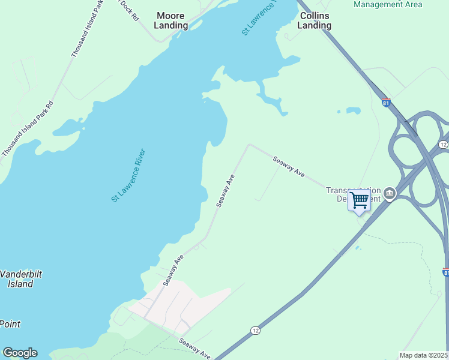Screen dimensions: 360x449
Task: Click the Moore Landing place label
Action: tap(171, 20)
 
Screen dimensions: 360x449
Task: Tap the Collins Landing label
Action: tap(315, 20)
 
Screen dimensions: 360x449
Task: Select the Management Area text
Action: tap(388, 5)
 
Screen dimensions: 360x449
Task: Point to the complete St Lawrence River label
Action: tap(128, 175)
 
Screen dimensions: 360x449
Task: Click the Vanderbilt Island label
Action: tap(20, 279)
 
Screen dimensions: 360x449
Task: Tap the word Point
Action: tap(10, 324)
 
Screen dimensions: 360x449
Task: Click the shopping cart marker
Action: tap(359, 199)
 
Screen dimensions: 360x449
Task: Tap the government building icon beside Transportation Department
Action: tap(390, 193)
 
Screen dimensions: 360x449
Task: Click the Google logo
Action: tap(20, 353)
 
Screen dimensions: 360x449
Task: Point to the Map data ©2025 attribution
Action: tap(424, 355)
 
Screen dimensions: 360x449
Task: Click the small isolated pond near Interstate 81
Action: tap(349, 111)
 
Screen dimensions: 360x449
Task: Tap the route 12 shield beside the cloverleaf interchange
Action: tap(443, 145)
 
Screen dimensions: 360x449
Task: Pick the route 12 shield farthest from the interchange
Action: tap(255, 331)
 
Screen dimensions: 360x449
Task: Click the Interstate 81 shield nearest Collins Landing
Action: tap(385, 103)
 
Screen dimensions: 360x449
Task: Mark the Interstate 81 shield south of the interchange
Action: tap(445, 272)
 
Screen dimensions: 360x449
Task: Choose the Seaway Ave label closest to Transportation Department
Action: tap(289, 166)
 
